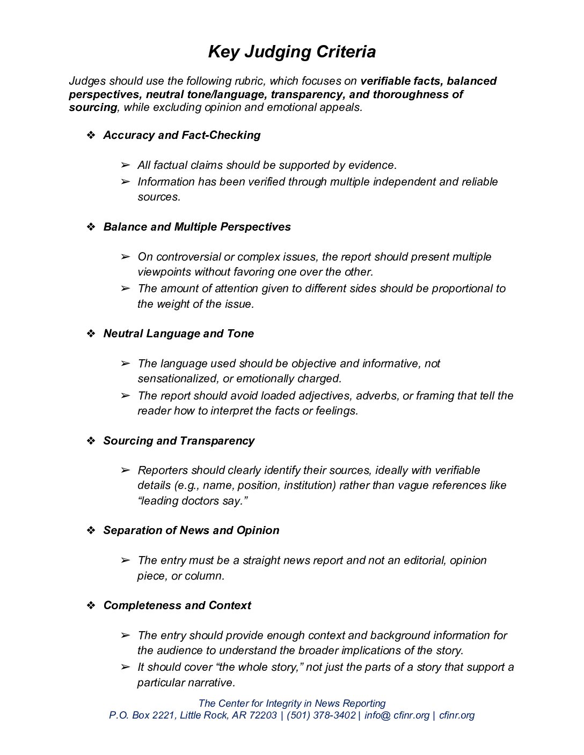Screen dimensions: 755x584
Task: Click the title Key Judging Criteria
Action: click(x=291, y=52)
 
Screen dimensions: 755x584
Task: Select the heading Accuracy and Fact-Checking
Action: click(x=181, y=135)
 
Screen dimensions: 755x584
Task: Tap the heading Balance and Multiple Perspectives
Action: click(x=196, y=227)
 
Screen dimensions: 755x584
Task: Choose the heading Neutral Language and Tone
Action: click(x=178, y=334)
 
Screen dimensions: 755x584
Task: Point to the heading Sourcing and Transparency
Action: click(x=179, y=441)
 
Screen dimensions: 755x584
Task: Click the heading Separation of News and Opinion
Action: click(x=191, y=530)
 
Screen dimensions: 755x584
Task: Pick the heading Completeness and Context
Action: click(x=177, y=605)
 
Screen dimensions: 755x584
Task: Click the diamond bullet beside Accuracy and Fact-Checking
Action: click(x=91, y=135)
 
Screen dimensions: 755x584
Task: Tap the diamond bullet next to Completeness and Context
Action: click(x=91, y=605)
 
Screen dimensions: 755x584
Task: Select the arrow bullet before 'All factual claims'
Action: click(x=126, y=165)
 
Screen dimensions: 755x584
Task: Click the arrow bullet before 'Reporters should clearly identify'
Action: click(x=126, y=470)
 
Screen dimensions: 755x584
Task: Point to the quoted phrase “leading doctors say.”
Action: click(x=193, y=501)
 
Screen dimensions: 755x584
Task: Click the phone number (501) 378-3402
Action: click(x=321, y=715)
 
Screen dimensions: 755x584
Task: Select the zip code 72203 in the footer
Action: click(x=262, y=715)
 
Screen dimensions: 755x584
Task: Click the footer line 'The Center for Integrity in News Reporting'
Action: click(x=292, y=703)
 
